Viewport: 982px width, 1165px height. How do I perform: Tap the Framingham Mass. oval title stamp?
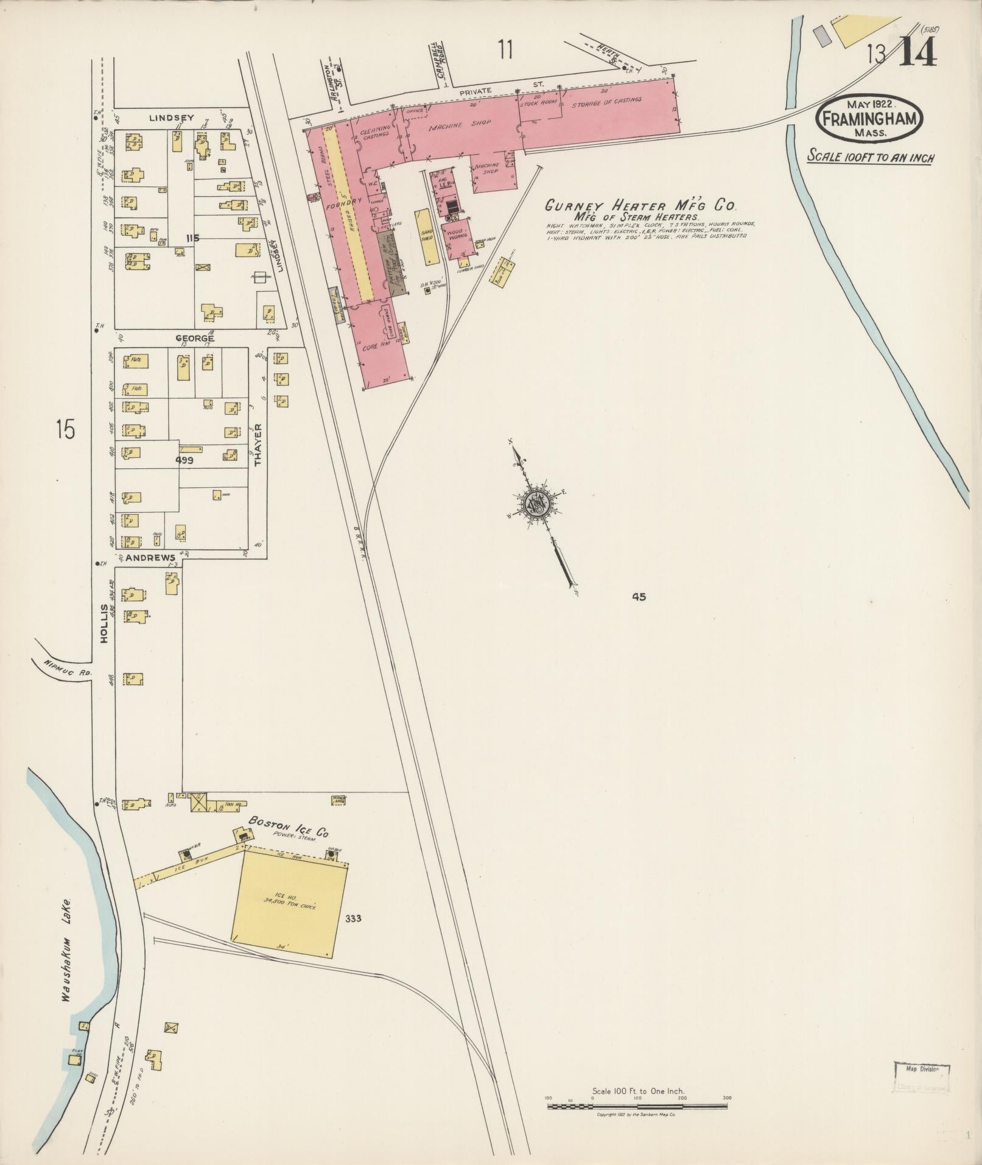tap(869, 119)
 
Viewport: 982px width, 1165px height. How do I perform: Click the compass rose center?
tap(536, 502)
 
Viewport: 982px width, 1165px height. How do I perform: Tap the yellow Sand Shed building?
tap(427, 237)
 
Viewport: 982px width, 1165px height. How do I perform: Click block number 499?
tap(184, 461)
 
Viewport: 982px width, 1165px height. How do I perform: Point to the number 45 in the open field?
tap(638, 597)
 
